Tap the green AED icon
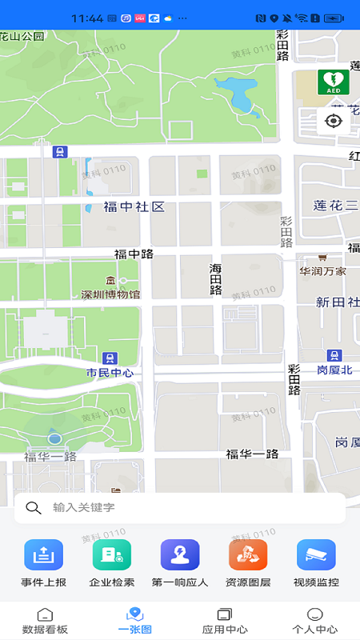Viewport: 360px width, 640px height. point(334,82)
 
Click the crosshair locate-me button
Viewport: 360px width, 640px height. point(334,121)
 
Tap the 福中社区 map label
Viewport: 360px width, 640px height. point(134,207)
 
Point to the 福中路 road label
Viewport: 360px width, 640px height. point(134,254)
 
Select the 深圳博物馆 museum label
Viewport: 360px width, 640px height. point(110,294)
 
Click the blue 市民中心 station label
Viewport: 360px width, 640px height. point(110,373)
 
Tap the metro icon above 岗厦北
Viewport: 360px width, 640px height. point(334,355)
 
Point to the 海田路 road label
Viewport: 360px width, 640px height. point(215,279)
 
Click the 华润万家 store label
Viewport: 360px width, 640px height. point(323,271)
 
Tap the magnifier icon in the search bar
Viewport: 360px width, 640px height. point(34,507)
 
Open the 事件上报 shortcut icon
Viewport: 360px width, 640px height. point(43,555)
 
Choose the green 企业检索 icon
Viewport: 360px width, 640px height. point(111,555)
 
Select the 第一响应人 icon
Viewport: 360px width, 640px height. point(180,555)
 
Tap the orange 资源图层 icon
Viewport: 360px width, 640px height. point(248,555)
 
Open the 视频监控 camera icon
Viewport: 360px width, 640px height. point(316,555)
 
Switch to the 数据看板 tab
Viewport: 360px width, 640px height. point(45,620)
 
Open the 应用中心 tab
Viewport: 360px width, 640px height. point(225,620)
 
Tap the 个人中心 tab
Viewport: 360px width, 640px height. point(314,620)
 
